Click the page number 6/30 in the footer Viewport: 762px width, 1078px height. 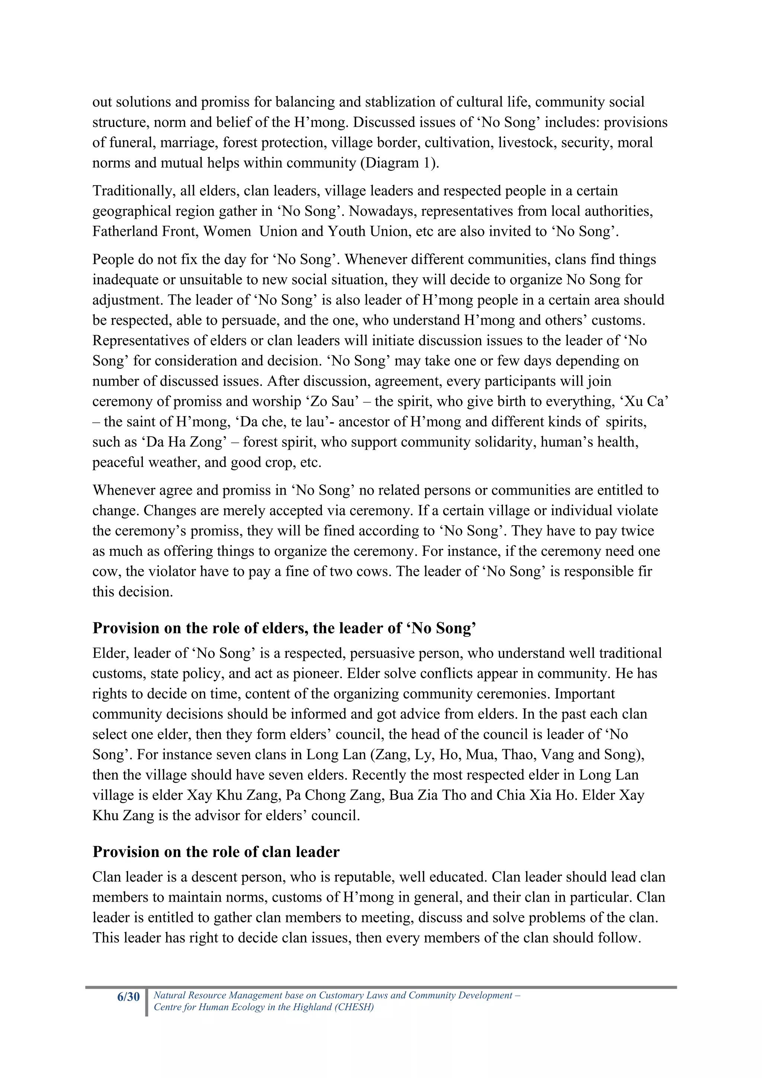coord(128,996)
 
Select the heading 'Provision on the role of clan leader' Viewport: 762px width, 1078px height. coord(215,852)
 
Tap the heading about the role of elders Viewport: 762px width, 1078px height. coord(284,628)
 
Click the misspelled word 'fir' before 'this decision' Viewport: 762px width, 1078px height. coord(646,571)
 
